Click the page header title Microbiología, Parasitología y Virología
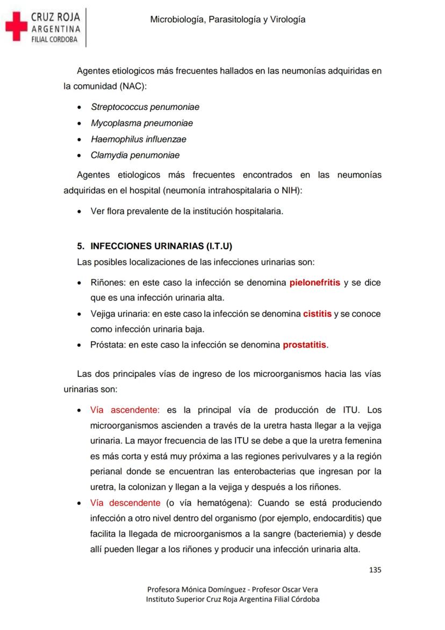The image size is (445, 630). tap(227, 19)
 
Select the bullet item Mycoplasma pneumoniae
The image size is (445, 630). tap(141, 123)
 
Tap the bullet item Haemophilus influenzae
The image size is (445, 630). tap(138, 139)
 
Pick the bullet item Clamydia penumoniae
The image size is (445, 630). tap(135, 155)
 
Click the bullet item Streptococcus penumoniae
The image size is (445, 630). tap(145, 107)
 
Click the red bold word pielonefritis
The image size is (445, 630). tap(314, 282)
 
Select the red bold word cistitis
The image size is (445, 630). tap(317, 313)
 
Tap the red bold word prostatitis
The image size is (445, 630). tap(304, 345)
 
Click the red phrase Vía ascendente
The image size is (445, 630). tap(125, 410)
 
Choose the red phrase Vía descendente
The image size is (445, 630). tap(125, 503)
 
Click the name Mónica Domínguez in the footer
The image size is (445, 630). tap(209, 589)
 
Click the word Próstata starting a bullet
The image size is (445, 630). tap(108, 345)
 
